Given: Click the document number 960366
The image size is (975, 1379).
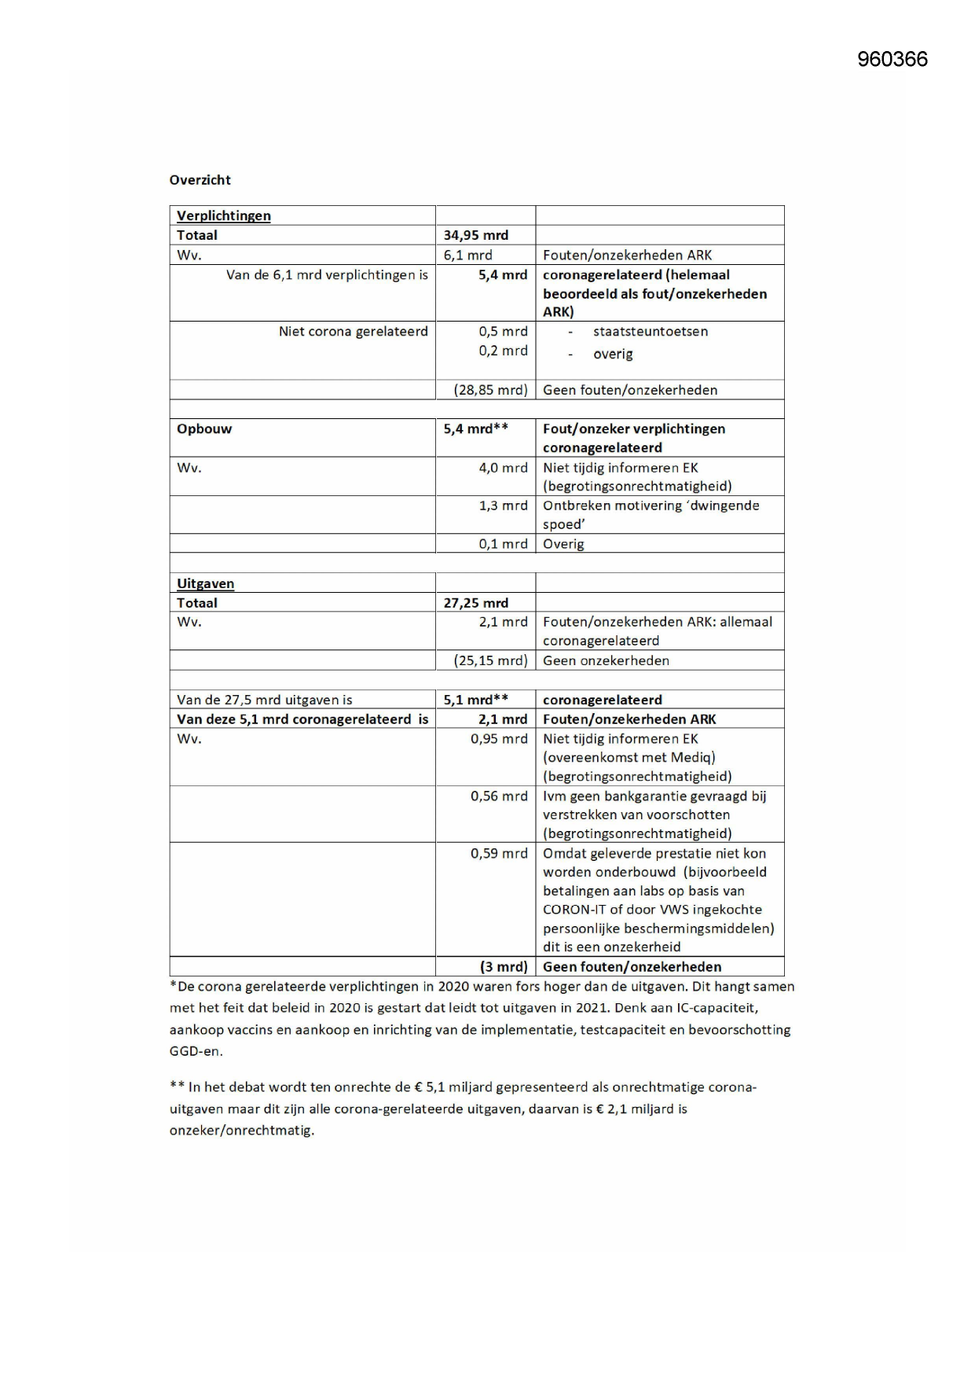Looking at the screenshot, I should coord(892,60).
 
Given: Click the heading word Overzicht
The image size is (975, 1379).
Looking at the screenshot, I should coord(200,180).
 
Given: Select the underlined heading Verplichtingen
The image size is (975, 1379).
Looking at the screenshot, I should coord(223,216).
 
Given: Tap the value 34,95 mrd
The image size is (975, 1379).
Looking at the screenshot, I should coord(475,235).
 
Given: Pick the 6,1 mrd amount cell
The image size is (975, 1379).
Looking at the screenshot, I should coord(467,255).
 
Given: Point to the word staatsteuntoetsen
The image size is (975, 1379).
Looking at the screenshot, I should coord(650,332).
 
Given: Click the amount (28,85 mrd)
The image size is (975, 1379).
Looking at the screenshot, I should coord(490,390).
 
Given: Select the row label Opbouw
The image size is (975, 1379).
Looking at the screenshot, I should coord(204,429).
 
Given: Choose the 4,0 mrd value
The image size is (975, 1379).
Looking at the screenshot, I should coord(503,468).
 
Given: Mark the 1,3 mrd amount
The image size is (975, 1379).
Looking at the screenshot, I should coord(503,506).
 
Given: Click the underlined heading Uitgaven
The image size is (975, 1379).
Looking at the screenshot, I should coord(205,584).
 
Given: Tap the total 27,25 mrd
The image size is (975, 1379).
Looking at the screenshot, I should coord(475,603).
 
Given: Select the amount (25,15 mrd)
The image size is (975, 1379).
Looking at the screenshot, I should coord(490,660).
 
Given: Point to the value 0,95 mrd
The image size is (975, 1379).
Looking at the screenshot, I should coord(499,739).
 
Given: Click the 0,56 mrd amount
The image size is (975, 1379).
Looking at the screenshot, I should coord(499,796).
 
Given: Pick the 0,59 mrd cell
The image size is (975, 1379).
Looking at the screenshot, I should coord(499,854).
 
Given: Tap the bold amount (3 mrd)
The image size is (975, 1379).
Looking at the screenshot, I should coord(504,967).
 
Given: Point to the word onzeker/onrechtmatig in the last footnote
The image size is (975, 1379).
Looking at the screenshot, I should coord(241,1131).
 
